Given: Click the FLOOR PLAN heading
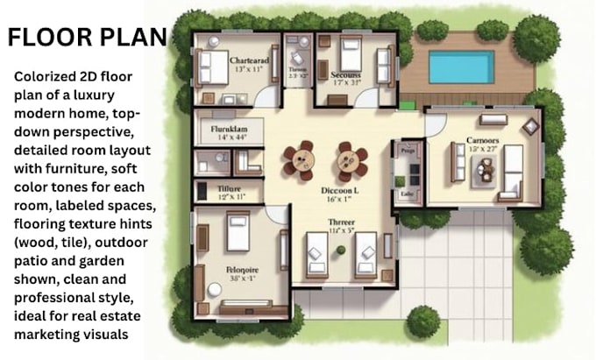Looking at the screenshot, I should (x=86, y=37).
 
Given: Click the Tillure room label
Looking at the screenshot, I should (x=229, y=187).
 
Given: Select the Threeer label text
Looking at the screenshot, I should (x=341, y=223).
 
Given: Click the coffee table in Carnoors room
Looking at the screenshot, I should (x=483, y=173).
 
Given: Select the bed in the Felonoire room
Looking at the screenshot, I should (x=238, y=232).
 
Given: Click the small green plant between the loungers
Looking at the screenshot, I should (x=341, y=251).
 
